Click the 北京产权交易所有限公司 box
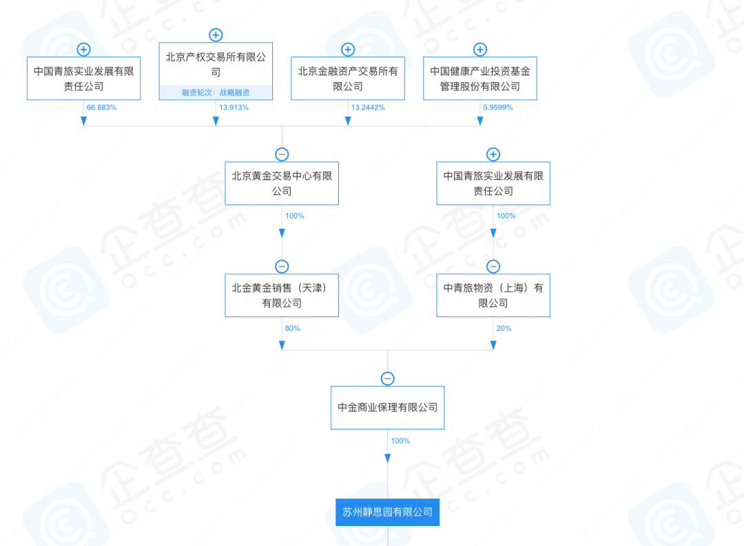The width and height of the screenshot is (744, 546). tap(216, 71)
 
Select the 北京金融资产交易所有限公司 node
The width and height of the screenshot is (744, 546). tap(348, 79)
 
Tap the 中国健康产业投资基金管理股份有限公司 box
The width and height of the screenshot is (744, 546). tap(480, 79)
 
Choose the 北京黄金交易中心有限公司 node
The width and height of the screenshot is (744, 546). tap(282, 183)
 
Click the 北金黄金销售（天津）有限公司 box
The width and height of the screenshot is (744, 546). tap(282, 295)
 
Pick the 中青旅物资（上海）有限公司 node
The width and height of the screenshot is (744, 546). tap(493, 295)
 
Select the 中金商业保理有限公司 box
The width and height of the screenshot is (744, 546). tap(388, 407)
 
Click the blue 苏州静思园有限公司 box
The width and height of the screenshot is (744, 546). tap(388, 512)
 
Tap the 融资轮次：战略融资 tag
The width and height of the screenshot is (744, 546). tap(216, 92)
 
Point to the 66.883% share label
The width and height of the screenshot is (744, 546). tap(101, 108)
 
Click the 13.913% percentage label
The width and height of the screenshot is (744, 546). tap(234, 108)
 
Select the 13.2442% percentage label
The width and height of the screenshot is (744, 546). tap(368, 108)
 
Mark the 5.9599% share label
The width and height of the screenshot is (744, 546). tap(498, 108)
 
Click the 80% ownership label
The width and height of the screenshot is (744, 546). tap(292, 328)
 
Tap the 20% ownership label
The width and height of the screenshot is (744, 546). tap(504, 328)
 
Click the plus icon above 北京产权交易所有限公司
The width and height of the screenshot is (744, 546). tap(216, 34)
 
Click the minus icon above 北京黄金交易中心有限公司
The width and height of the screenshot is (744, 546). tap(282, 154)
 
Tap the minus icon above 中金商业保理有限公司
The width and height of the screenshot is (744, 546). tap(388, 378)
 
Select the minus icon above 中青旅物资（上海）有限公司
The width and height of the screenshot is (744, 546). tap(493, 266)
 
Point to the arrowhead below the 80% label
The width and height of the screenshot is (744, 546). tap(282, 345)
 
